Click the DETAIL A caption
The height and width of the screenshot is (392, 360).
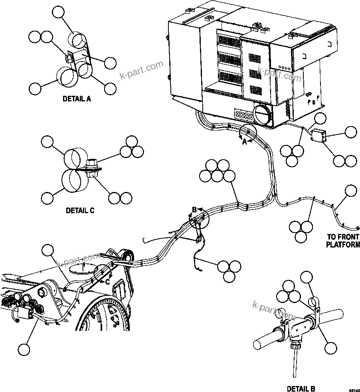click(77, 99)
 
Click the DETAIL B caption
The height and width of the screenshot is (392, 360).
click(301, 388)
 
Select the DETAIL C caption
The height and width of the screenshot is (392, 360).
click(80, 210)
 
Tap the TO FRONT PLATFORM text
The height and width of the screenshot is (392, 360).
click(343, 241)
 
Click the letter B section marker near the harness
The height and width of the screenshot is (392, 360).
click(195, 209)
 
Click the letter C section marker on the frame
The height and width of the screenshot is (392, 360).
click(107, 281)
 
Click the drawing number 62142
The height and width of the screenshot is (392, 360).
click(354, 389)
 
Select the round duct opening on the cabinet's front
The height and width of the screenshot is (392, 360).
click(262, 115)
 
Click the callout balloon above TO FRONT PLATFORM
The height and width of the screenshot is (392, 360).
click(350, 190)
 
